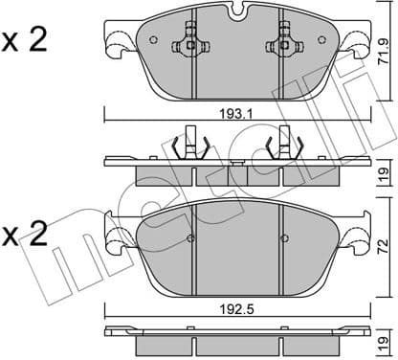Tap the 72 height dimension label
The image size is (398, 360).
[x=385, y=236]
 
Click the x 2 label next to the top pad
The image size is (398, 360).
[x=26, y=41]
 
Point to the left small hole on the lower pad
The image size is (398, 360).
[x=191, y=238]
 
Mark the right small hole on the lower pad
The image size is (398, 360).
[x=284, y=238]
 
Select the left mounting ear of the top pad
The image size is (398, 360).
[x=118, y=43]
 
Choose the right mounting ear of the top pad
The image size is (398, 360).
[x=357, y=43]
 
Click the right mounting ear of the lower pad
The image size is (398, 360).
[x=356, y=237]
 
